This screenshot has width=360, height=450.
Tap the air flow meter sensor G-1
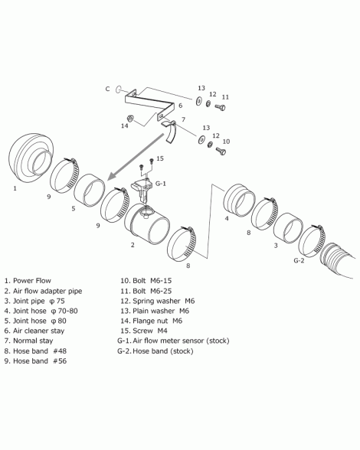[141, 190]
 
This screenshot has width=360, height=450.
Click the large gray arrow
[137, 157]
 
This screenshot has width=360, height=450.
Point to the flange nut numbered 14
[130, 118]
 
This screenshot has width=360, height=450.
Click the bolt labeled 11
[221, 107]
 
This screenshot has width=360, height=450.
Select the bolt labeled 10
[221, 150]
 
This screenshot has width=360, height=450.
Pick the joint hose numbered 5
[90, 190]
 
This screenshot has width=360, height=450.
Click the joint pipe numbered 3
[288, 228]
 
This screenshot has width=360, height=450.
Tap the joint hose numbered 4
[239, 201]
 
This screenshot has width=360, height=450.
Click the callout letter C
[107, 89]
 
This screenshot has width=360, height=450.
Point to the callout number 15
[160, 158]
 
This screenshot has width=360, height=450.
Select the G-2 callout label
[299, 260]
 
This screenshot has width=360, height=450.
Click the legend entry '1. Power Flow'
[28, 281]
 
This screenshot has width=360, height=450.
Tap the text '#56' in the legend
[60, 360]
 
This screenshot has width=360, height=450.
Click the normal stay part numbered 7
[170, 132]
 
